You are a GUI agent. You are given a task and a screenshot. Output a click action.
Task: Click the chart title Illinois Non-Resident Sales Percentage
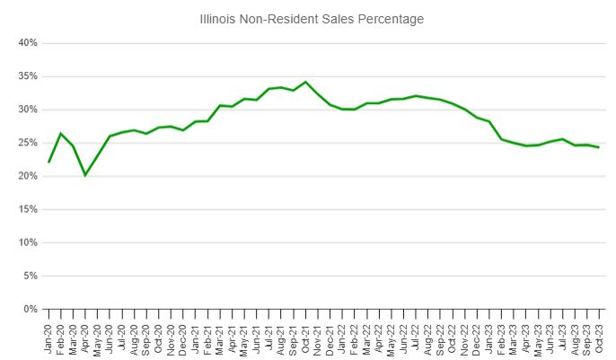tap(312, 18)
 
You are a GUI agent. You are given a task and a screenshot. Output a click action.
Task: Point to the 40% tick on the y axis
tap(26, 43)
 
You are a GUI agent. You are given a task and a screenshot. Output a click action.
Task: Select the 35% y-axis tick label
tap(26, 76)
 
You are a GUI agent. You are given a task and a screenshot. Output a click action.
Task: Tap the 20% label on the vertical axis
tap(26, 176)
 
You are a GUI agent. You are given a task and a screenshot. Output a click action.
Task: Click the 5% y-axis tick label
tap(29, 276)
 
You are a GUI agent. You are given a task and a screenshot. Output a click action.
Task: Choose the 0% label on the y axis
tap(29, 309)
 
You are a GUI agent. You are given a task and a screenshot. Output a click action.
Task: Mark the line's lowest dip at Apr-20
tap(85, 175)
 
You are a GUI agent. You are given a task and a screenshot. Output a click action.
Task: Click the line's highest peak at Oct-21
tap(306, 82)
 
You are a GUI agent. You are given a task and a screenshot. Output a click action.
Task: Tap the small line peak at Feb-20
tap(61, 134)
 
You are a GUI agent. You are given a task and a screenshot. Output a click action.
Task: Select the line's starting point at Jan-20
tap(49, 162)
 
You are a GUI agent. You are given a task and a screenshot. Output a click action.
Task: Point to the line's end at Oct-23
tap(599, 147)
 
